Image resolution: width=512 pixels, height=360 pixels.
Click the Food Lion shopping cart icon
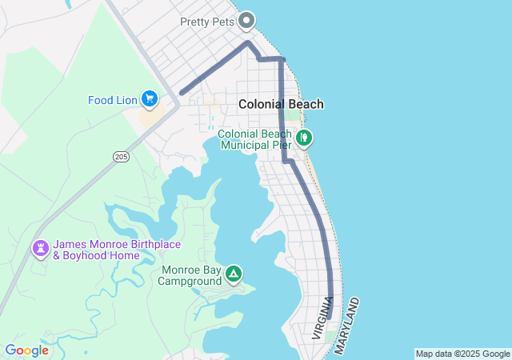pyautogui.click(x=149, y=99)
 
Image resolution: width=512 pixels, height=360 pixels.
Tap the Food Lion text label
pyautogui.click(x=113, y=100)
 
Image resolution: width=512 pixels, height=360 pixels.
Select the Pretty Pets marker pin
pyautogui.click(x=246, y=21)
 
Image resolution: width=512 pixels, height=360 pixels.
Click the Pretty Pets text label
pyautogui.click(x=207, y=22)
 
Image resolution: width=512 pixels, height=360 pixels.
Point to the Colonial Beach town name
pyautogui.click(x=281, y=104)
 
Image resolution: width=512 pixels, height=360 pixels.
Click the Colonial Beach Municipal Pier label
pyautogui.click(x=255, y=140)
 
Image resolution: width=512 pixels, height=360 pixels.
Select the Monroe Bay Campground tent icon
pyautogui.click(x=234, y=274)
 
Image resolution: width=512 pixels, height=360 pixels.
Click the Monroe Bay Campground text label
pyautogui.click(x=190, y=275)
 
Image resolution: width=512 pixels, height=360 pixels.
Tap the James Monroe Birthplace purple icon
pyautogui.click(x=40, y=250)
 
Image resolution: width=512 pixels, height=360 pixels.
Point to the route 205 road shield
pyautogui.click(x=121, y=155)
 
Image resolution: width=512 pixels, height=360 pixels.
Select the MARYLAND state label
pyautogui.click(x=348, y=326)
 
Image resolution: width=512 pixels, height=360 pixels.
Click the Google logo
pyautogui.click(x=27, y=350)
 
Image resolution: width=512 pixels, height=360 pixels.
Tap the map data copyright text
pyautogui.click(x=462, y=354)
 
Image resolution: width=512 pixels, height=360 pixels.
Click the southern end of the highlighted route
pyautogui.click(x=329, y=317)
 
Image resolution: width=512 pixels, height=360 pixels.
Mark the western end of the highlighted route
pyautogui.click(x=182, y=94)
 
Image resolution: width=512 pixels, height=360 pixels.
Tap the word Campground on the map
pyautogui.click(x=190, y=281)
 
